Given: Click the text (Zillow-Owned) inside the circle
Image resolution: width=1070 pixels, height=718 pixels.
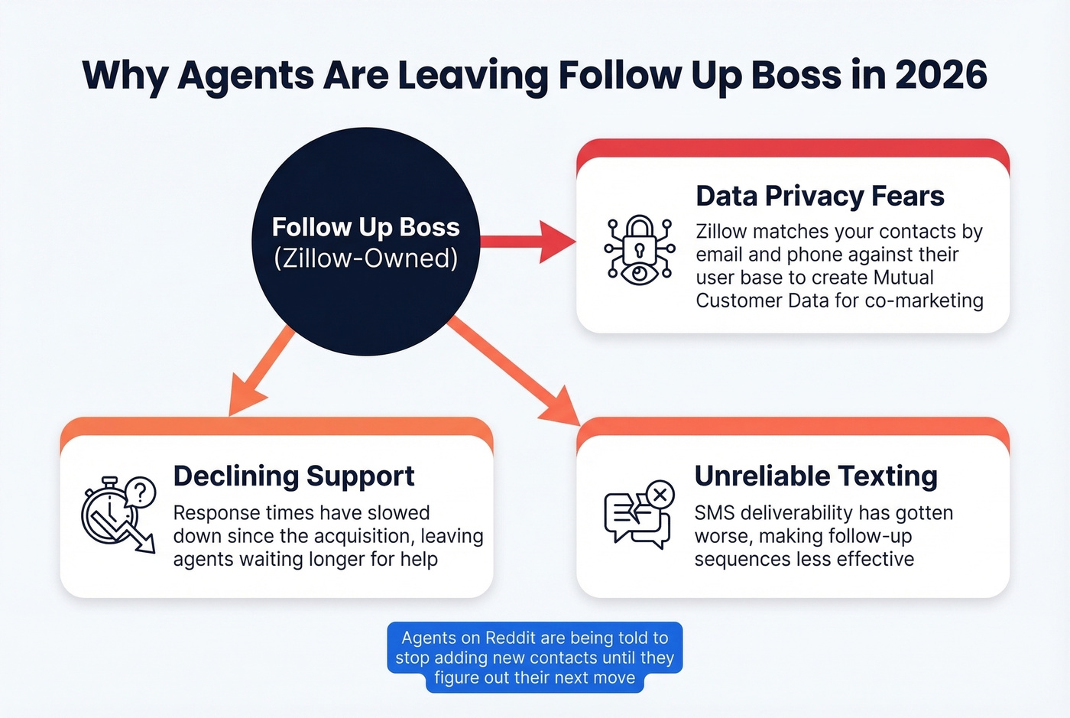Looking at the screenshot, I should (365, 258).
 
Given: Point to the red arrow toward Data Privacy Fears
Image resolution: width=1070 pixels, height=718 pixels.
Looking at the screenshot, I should (527, 242).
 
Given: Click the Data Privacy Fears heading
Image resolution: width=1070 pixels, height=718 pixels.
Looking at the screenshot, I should (819, 197).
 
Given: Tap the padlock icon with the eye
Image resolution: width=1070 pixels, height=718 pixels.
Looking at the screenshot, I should (639, 250).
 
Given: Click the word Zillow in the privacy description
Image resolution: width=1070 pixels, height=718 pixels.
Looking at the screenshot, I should (723, 232).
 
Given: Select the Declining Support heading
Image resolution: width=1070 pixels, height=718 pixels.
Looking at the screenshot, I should (293, 476).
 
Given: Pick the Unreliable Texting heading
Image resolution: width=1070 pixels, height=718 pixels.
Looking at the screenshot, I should (815, 476).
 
